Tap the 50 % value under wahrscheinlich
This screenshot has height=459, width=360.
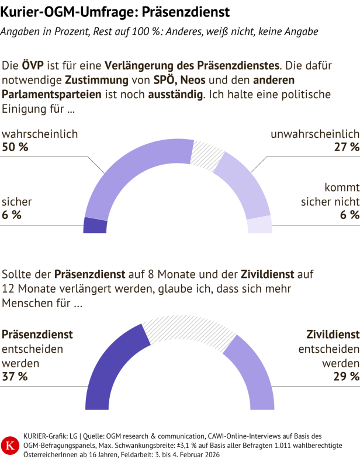coord(15,147)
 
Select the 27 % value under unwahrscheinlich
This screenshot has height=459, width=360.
coord(346,147)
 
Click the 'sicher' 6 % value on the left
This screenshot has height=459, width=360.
coord(12,215)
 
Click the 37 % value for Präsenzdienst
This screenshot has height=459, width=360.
coord(15,377)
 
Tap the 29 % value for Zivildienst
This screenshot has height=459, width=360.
coord(346,377)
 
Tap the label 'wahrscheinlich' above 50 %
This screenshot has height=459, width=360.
coord(40,134)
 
